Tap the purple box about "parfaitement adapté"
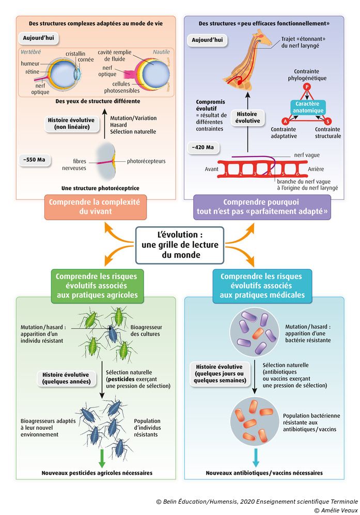coord(262,207)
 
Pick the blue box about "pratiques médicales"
coord(261,286)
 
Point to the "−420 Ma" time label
coord(203,147)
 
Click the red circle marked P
coord(306,87)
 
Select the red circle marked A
coord(285,121)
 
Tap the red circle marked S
coord(327,121)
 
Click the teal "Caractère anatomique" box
coord(307,107)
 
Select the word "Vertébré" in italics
coord(31,53)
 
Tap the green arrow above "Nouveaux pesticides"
coord(102,458)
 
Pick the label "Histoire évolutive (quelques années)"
coord(66,378)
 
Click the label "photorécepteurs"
coord(147,161)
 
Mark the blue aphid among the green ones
coord(112,333)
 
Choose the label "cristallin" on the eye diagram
coord(75,53)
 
